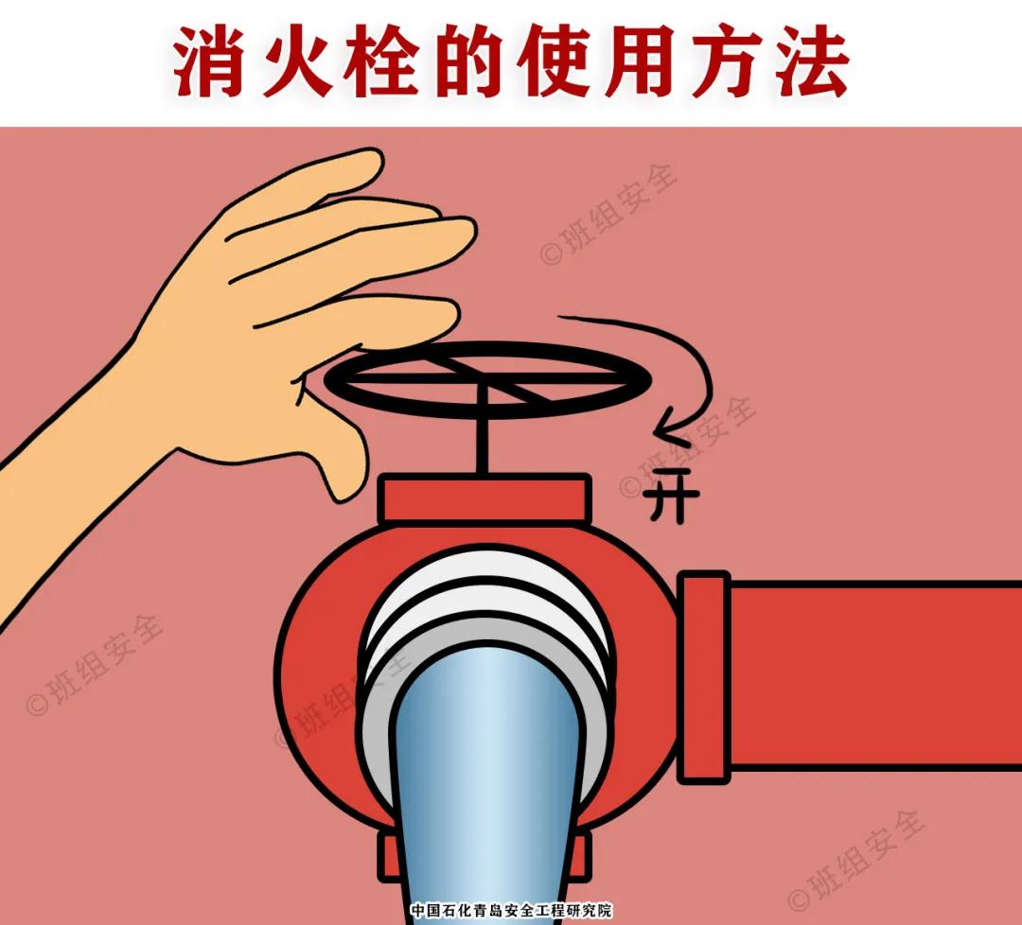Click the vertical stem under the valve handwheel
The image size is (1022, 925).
tap(485, 440)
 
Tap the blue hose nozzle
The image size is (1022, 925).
tap(485, 776)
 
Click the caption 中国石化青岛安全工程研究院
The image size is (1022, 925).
tap(511, 911)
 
